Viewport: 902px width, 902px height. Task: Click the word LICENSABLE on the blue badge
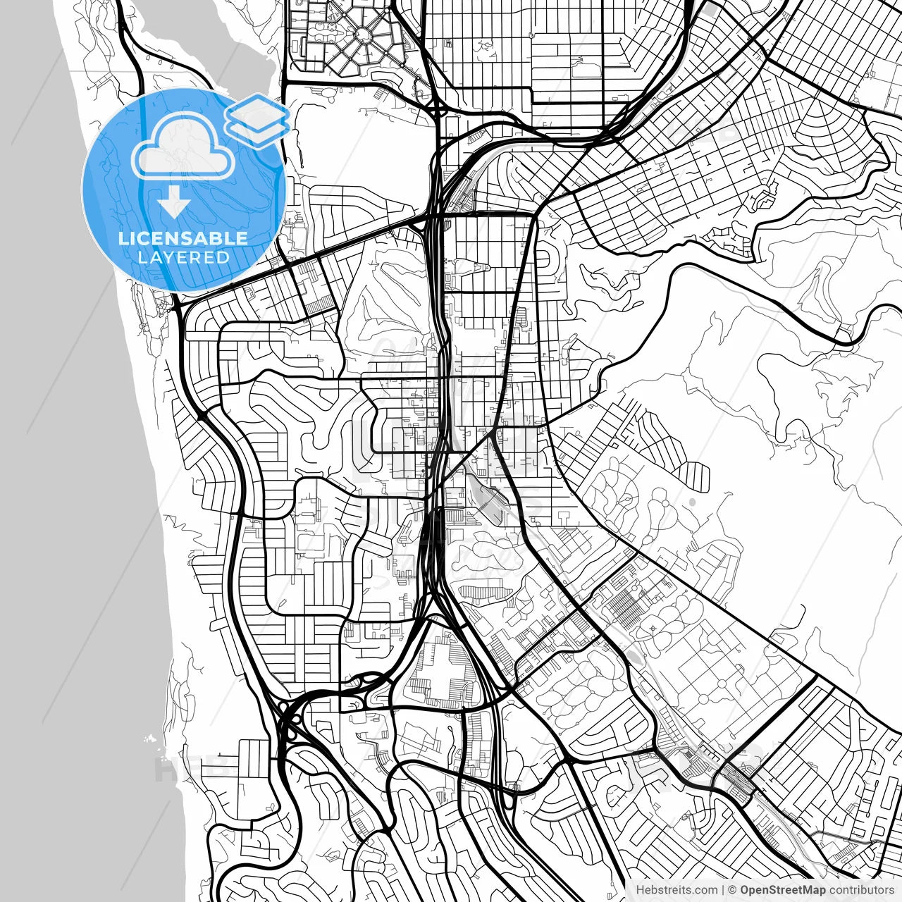pos(183,238)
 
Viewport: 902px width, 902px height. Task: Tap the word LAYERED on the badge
pos(183,257)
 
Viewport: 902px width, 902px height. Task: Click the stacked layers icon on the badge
pos(257,120)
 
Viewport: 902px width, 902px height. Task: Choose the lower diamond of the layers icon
pos(257,130)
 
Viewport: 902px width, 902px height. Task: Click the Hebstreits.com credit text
pos(676,890)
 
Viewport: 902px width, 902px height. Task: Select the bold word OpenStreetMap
pos(781,890)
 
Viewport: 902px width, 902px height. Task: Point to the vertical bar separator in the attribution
pos(723,890)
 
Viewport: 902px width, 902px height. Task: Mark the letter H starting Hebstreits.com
pos(640,890)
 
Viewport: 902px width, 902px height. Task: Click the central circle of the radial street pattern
pos(364,35)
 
